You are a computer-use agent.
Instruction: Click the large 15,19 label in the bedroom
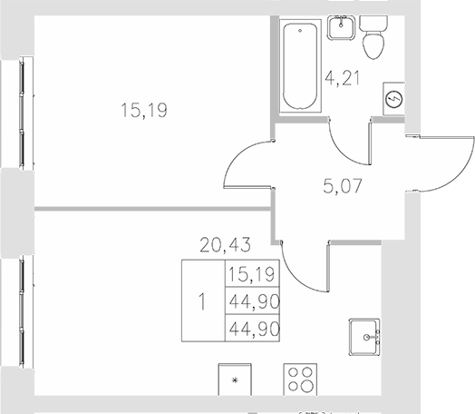146,112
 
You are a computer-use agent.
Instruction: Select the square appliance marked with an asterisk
237,380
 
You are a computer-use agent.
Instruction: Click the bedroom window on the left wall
21,113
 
